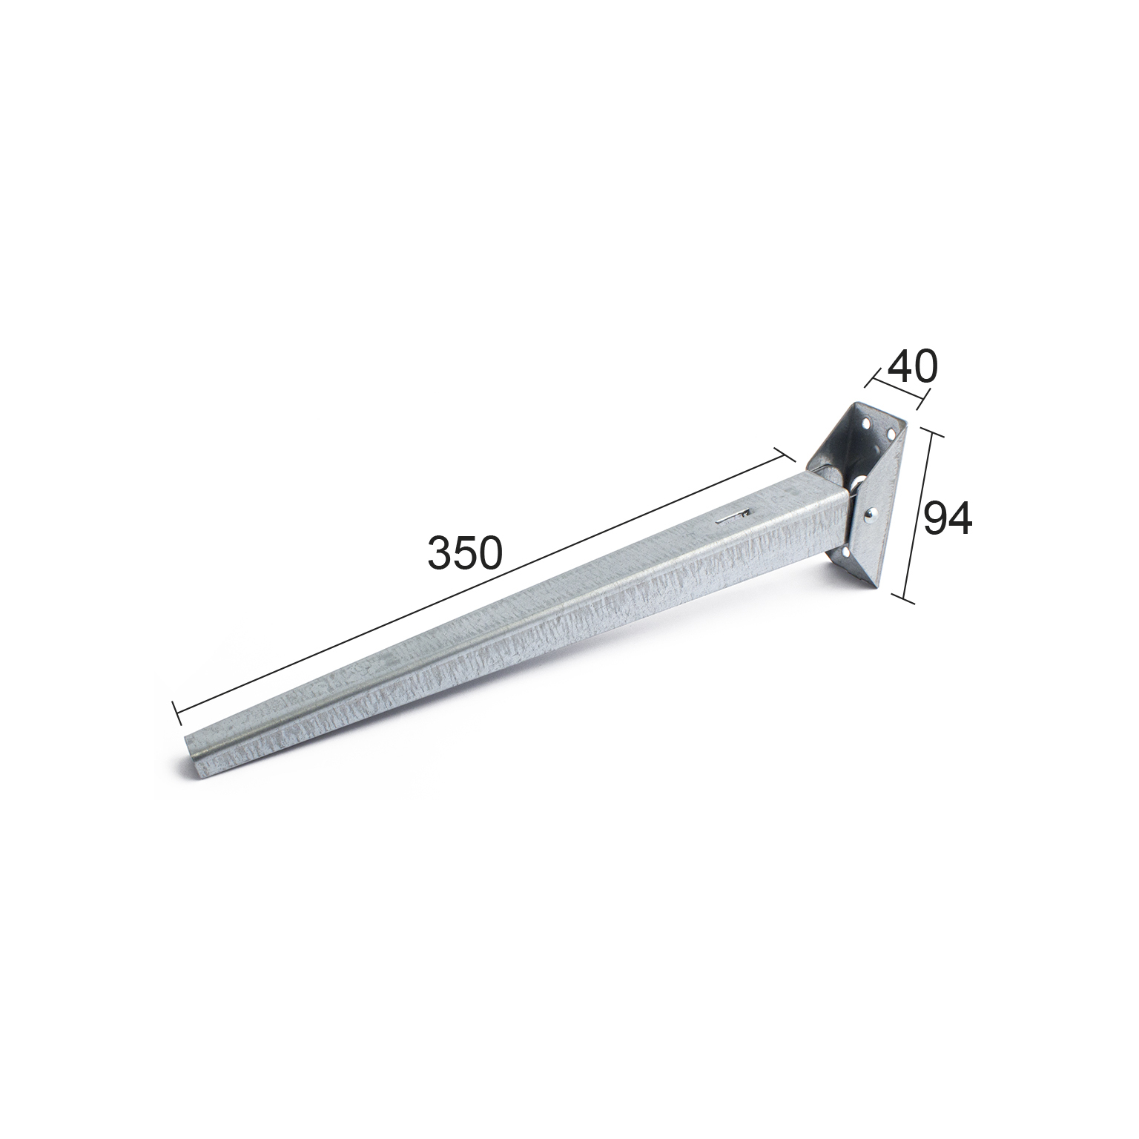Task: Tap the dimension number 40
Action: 912,366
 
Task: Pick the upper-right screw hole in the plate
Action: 889,432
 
